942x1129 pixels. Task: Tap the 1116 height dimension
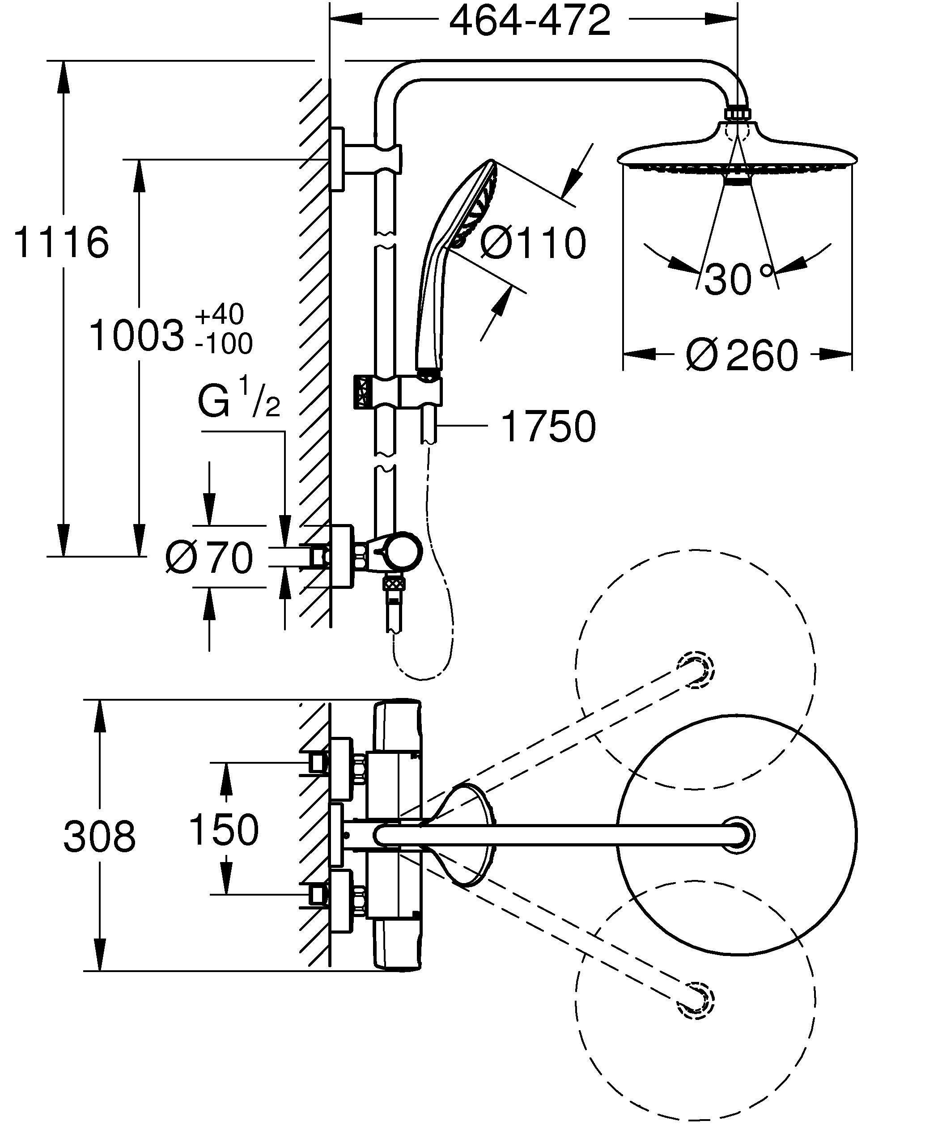pyautogui.click(x=60, y=242)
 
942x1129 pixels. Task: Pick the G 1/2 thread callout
pyautogui.click(x=239, y=399)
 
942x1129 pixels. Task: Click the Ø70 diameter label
pyautogui.click(x=210, y=558)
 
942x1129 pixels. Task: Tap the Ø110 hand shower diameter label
pyautogui.click(x=532, y=243)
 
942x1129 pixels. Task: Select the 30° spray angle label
pyautogui.click(x=739, y=279)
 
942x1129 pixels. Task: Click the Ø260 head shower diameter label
pyautogui.click(x=742, y=355)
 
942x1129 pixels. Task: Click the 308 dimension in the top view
pyautogui.click(x=99, y=837)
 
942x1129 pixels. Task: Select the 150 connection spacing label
pyautogui.click(x=224, y=829)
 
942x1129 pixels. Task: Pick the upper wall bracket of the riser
pyautogui.click(x=338, y=159)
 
